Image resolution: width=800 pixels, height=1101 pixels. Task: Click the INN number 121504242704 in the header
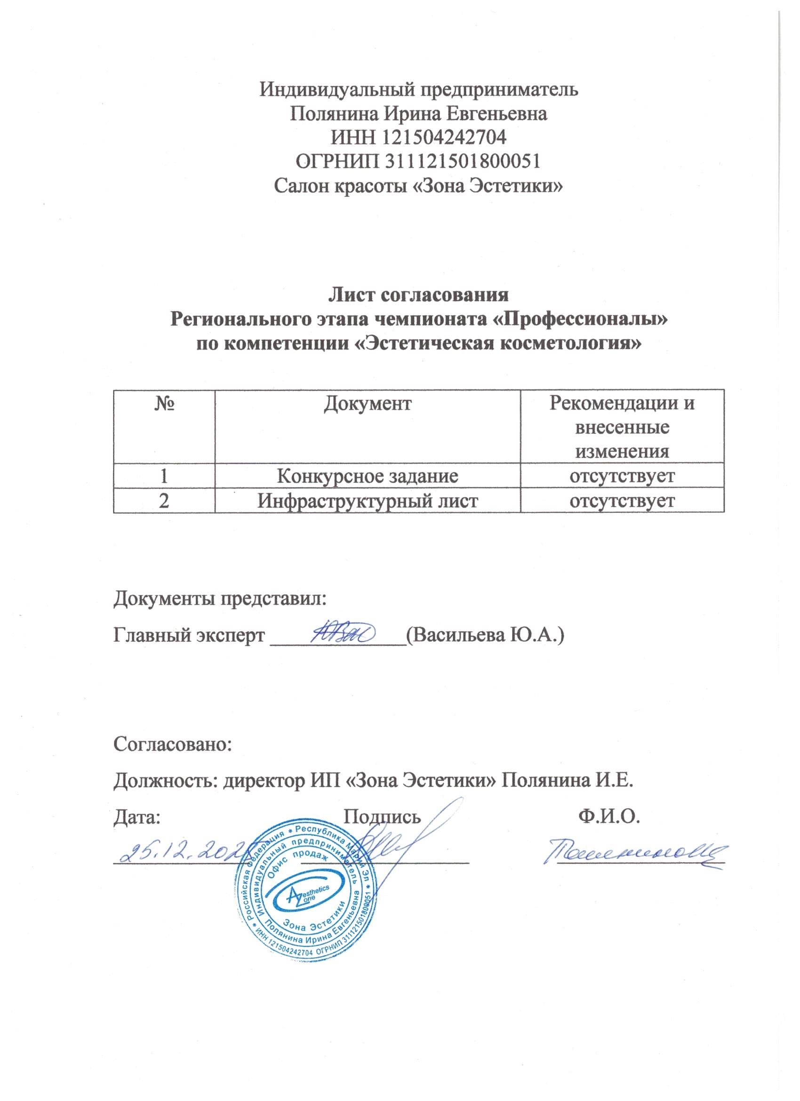[x=445, y=138]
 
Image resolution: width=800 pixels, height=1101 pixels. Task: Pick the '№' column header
[x=164, y=403]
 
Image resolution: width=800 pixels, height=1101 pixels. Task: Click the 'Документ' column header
[x=367, y=403]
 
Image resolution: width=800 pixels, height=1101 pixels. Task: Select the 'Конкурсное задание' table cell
[x=367, y=476]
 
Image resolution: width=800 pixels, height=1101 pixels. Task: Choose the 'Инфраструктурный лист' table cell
[x=367, y=501]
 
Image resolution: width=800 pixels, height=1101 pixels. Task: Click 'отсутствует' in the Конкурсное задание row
[x=622, y=476]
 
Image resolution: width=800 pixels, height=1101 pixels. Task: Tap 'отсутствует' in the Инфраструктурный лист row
[x=622, y=501]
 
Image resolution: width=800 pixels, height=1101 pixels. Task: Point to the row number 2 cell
[x=164, y=501]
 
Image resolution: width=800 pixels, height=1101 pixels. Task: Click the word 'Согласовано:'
[x=173, y=744]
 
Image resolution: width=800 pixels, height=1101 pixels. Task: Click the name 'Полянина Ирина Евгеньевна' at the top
[x=418, y=114]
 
